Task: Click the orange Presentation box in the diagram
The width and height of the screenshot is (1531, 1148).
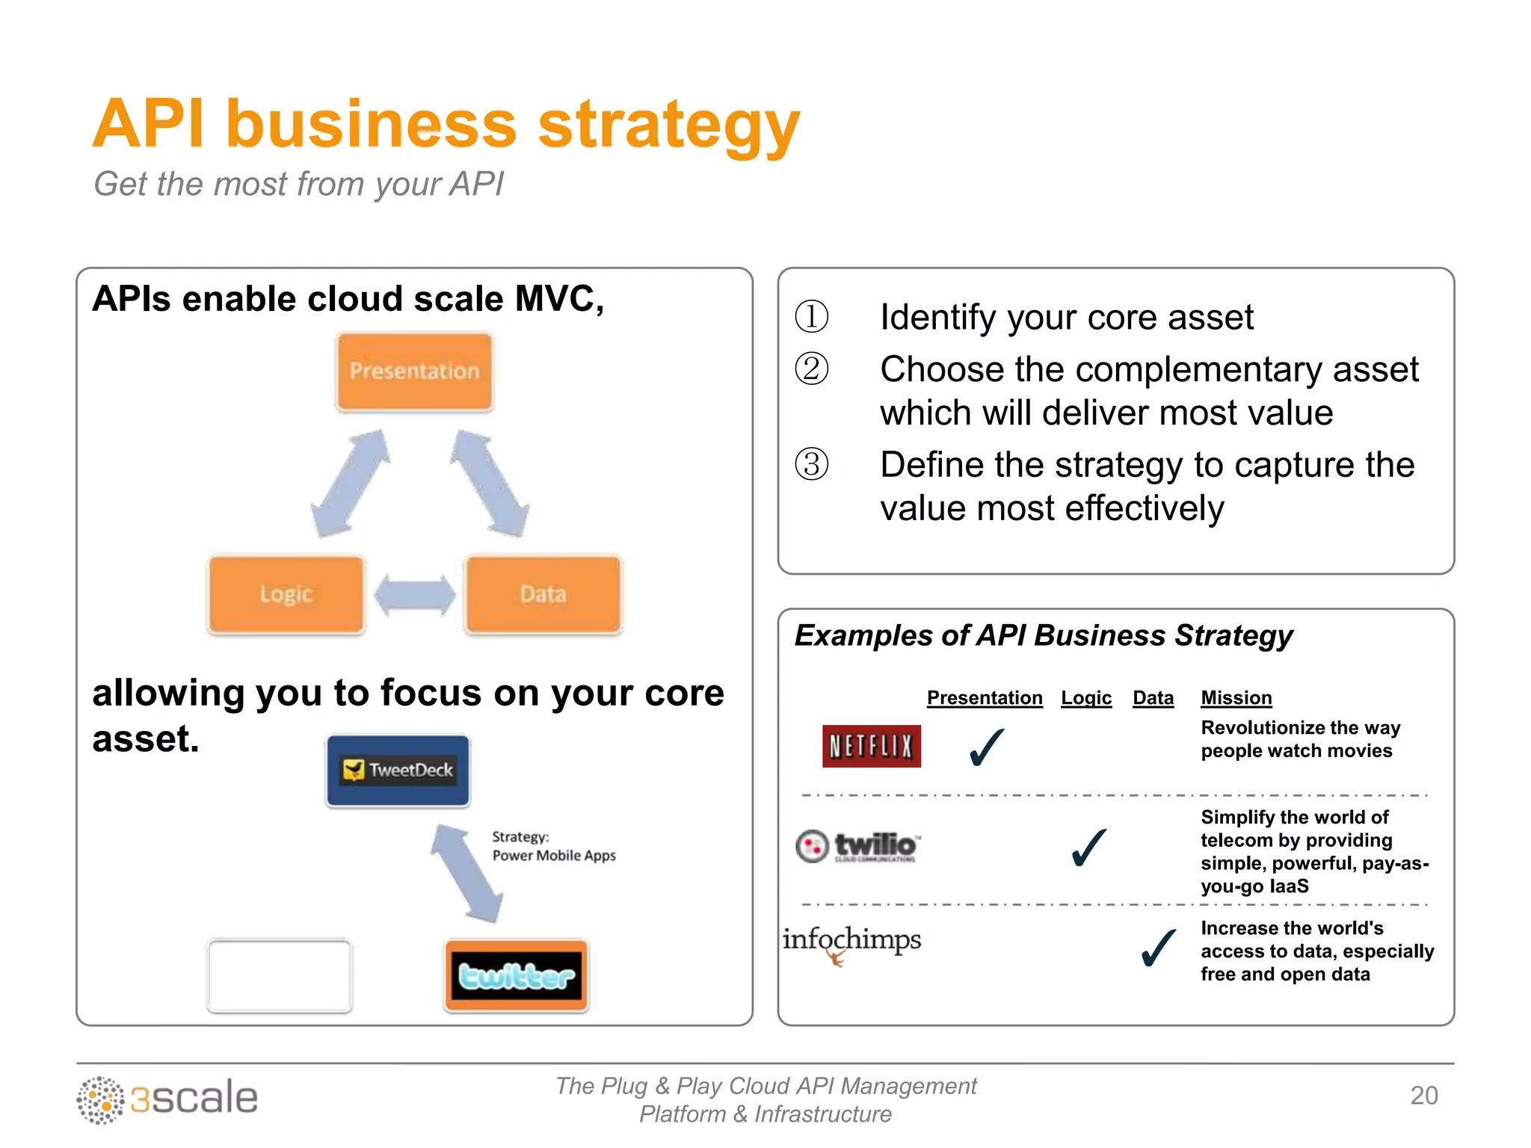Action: pyautogui.click(x=414, y=371)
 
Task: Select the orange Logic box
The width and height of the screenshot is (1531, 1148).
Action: pyautogui.click(x=286, y=594)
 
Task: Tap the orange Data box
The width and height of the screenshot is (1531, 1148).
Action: pyautogui.click(x=543, y=594)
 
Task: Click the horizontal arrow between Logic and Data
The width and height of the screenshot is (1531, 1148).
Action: pyautogui.click(x=415, y=595)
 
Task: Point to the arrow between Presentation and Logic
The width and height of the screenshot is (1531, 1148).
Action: pyautogui.click(x=350, y=484)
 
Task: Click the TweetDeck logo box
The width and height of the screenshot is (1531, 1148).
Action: pyautogui.click(x=398, y=771)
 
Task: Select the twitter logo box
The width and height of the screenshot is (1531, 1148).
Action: pyautogui.click(x=516, y=975)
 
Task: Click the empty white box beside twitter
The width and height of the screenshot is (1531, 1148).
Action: pyautogui.click(x=280, y=975)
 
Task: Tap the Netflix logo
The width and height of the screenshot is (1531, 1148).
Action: pyautogui.click(x=871, y=746)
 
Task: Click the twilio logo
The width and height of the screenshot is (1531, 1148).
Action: pyautogui.click(x=858, y=846)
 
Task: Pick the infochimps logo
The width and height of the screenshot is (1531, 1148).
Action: pyautogui.click(x=851, y=942)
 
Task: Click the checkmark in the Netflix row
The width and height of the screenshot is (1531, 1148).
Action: pyautogui.click(x=986, y=747)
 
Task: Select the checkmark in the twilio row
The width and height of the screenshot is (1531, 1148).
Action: pyautogui.click(x=1088, y=848)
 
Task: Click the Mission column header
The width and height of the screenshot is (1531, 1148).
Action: pyautogui.click(x=1236, y=697)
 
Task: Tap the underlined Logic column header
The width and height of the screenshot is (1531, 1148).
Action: pyautogui.click(x=1086, y=697)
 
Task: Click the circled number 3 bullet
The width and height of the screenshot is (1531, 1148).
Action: pyautogui.click(x=812, y=464)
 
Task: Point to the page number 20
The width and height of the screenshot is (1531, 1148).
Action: pyautogui.click(x=1423, y=1095)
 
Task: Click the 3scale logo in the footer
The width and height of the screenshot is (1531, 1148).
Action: pyautogui.click(x=167, y=1099)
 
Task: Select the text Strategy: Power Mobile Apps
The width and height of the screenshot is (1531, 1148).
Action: pyautogui.click(x=553, y=846)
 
